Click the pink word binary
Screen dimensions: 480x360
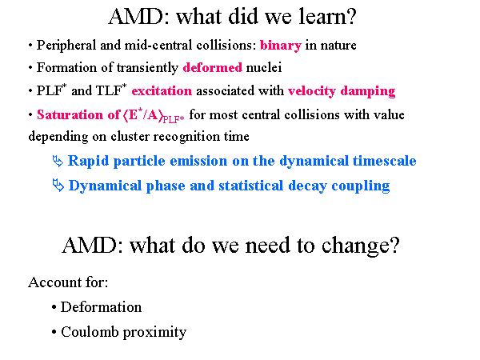click(x=281, y=46)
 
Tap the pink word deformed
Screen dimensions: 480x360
click(x=213, y=67)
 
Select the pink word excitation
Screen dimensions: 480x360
click(x=162, y=91)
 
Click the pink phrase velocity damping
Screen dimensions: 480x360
click(x=342, y=91)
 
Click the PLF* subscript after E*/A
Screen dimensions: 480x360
click(x=174, y=119)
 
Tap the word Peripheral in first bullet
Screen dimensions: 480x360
click(x=66, y=46)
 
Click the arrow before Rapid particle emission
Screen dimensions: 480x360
click(x=58, y=161)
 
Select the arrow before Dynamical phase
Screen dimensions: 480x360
click(x=58, y=186)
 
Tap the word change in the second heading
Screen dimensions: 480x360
click(x=356, y=246)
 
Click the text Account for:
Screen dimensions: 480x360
click(x=68, y=282)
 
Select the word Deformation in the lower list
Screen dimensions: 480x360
click(x=101, y=307)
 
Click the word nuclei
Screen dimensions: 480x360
click(x=264, y=67)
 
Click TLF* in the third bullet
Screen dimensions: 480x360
click(x=111, y=90)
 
